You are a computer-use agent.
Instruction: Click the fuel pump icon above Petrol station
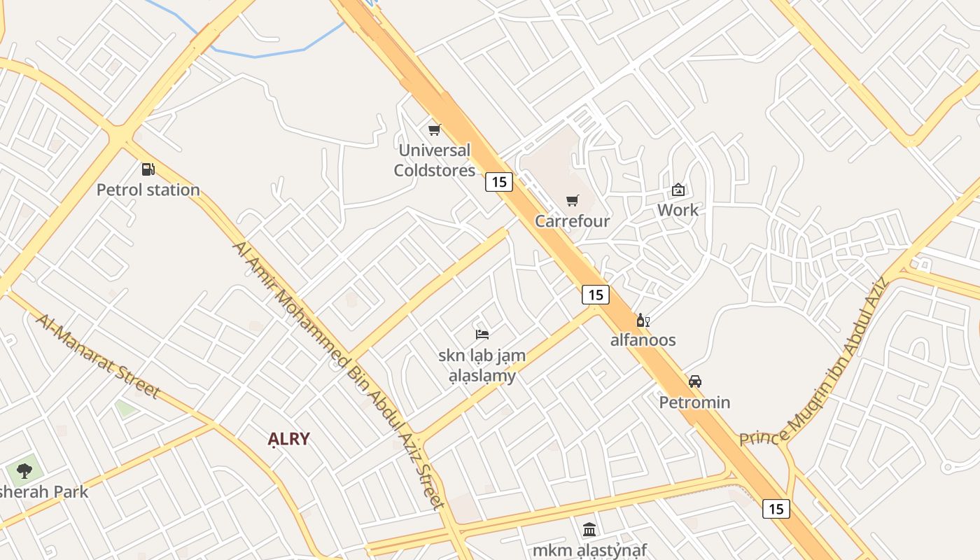pos(148,169)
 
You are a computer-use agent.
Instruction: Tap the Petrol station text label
pos(148,190)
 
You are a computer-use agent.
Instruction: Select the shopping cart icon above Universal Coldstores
pos(434,129)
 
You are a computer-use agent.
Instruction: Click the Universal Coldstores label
pos(434,160)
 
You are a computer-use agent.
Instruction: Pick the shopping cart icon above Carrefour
pos(573,201)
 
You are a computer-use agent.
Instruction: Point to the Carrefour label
pos(573,221)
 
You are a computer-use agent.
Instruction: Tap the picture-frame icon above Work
pos(678,190)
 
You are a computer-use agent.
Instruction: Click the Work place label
pos(678,210)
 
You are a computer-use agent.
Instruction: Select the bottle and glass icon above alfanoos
pos(643,321)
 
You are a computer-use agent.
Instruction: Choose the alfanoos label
pos(643,340)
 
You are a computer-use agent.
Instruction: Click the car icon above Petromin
pos(694,381)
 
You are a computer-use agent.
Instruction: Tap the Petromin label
pos(694,402)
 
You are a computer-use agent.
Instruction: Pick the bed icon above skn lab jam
pos(482,334)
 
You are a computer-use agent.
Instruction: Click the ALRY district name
pos(288,439)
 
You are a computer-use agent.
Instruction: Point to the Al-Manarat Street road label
pos(98,355)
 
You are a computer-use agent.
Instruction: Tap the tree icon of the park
pos(24,470)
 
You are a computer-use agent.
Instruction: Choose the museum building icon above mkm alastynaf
pos(589,529)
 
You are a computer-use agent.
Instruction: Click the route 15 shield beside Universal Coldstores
pos(498,182)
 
